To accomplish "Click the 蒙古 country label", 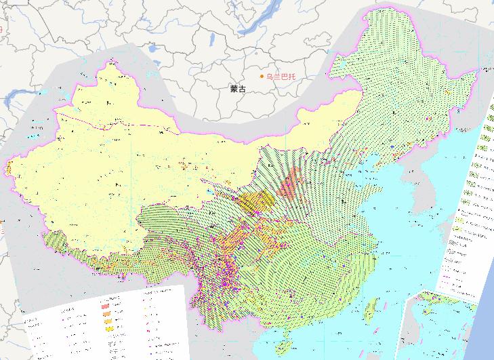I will tap(238, 89).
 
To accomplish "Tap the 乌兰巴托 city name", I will tap(281, 77).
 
